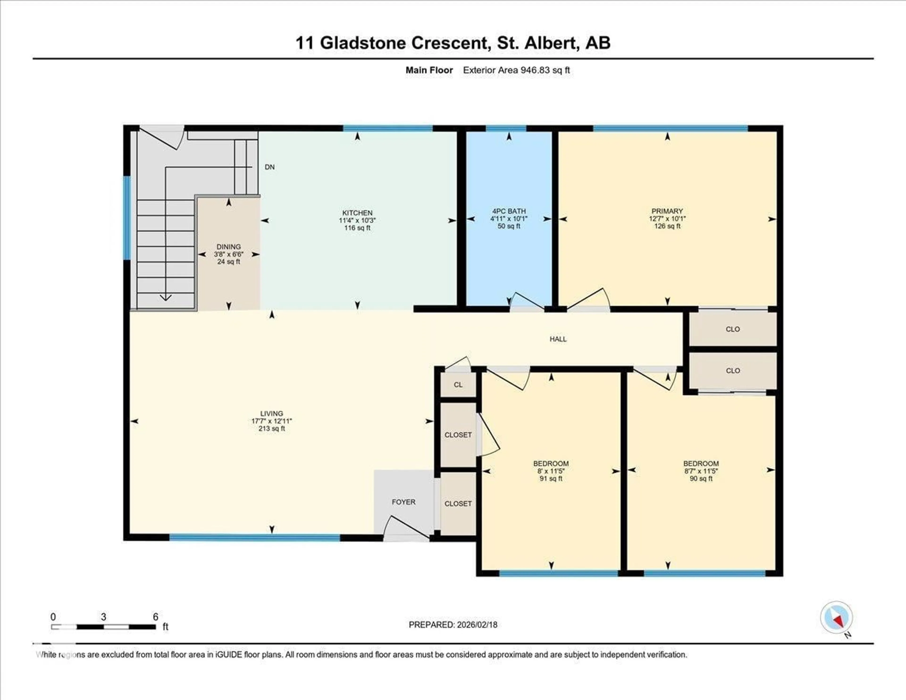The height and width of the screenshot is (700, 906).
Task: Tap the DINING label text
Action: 228,246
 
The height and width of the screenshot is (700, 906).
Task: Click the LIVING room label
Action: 272,413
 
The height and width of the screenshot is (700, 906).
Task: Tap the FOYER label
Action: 403,502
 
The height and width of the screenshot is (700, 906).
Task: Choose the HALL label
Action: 558,339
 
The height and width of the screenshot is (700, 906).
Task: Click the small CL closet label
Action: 458,385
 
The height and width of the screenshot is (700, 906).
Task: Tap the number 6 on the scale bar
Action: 155,617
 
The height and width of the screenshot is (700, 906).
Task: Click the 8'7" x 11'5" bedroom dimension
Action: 701,471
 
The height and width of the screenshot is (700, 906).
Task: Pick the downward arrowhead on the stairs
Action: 166,298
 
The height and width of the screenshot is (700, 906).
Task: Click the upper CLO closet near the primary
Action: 733,329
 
